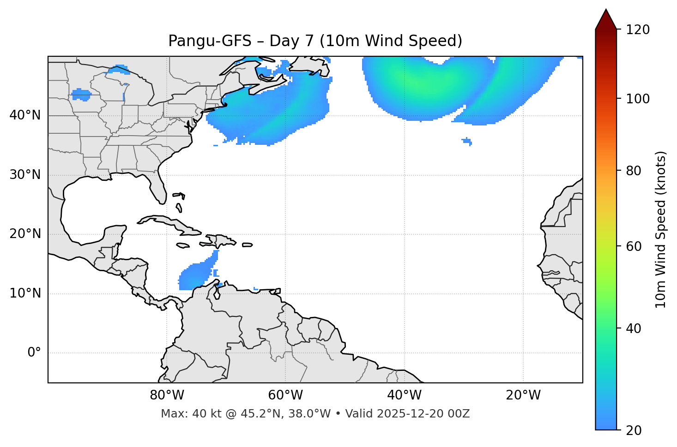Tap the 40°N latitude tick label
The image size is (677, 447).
pos(25,115)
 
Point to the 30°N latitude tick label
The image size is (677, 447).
pos(25,175)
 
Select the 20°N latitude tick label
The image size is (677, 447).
pos(25,234)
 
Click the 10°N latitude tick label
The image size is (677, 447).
pos(25,293)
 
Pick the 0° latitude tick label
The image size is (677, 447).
pos(34,353)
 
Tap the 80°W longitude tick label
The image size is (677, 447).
pos(167,395)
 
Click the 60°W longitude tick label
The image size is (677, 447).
pos(285,395)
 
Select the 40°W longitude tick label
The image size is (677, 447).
pos(404,395)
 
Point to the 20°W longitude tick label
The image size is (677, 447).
pos(523,395)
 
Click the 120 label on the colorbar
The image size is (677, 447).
pos(638,30)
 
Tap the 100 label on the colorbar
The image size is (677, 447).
pos(638,99)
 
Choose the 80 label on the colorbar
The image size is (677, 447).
pos(634,171)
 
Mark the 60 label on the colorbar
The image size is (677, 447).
pos(634,246)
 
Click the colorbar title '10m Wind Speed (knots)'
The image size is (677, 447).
pos(661,230)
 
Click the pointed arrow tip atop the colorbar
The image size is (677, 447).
pos(606,11)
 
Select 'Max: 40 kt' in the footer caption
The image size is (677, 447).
pos(184,414)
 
